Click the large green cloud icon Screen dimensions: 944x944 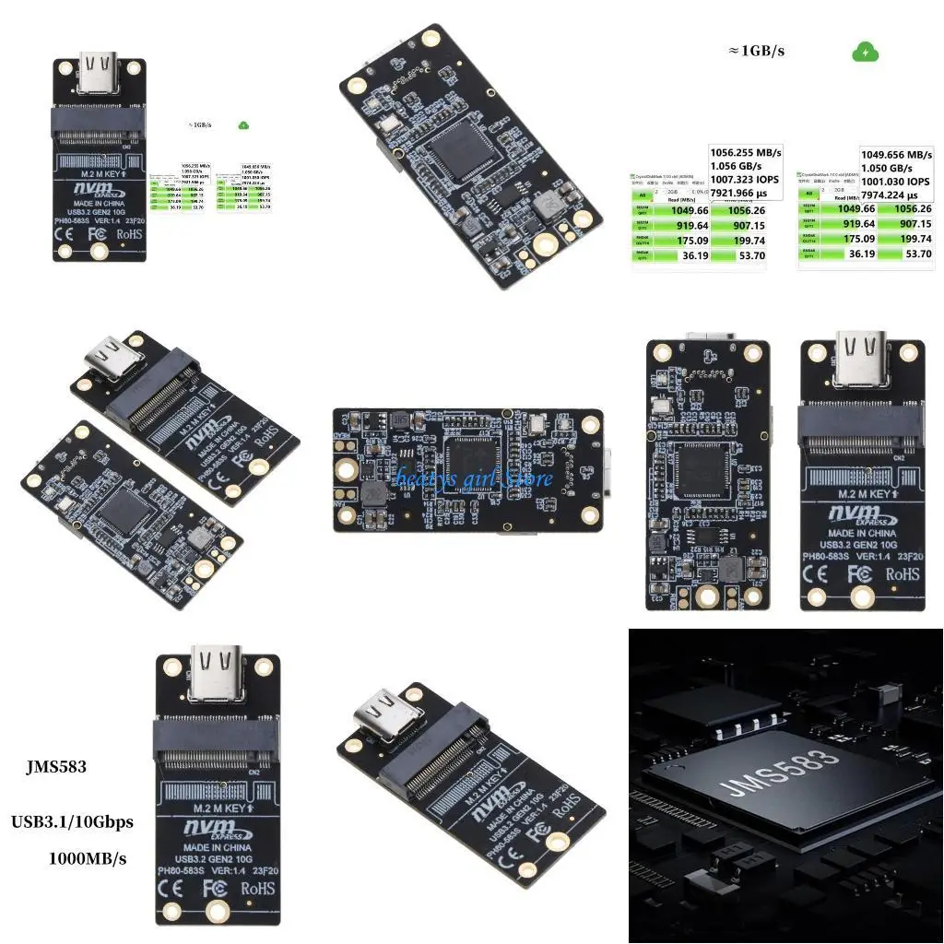(865, 53)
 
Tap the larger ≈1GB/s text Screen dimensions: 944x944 (756, 52)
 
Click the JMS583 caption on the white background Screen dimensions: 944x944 (57, 767)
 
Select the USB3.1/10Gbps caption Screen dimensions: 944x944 (72, 821)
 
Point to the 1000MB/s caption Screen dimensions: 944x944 (87, 858)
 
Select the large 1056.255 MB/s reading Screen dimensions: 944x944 (746, 153)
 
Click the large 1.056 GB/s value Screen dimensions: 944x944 (736, 167)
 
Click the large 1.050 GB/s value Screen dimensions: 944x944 (887, 169)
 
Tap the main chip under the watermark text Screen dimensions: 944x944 (472, 466)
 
